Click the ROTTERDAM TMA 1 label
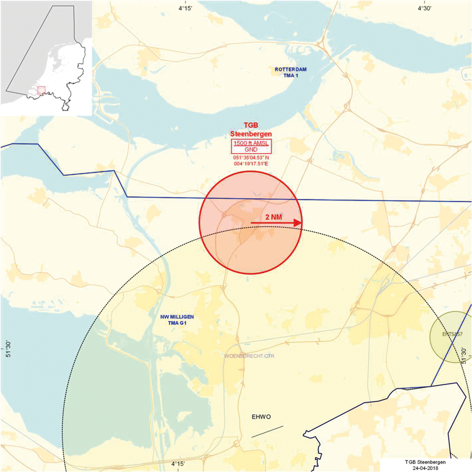click(x=290, y=72)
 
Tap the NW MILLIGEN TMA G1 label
click(x=177, y=320)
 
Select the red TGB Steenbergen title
click(x=251, y=130)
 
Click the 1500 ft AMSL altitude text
click(x=251, y=143)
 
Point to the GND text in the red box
click(x=251, y=149)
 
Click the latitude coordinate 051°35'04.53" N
click(x=251, y=157)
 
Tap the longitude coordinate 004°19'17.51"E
click(x=251, y=163)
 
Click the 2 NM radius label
click(x=273, y=217)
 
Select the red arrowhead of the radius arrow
click(x=298, y=223)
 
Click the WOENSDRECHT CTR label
click(x=249, y=356)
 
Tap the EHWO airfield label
click(x=261, y=417)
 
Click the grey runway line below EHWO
click(x=267, y=431)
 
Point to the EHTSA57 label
click(x=452, y=334)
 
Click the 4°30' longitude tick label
click(x=424, y=8)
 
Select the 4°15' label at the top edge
click(x=185, y=8)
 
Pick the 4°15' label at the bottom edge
click(x=178, y=464)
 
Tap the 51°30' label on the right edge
click(x=464, y=355)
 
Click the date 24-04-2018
click(x=425, y=468)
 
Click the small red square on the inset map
click(x=41, y=90)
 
